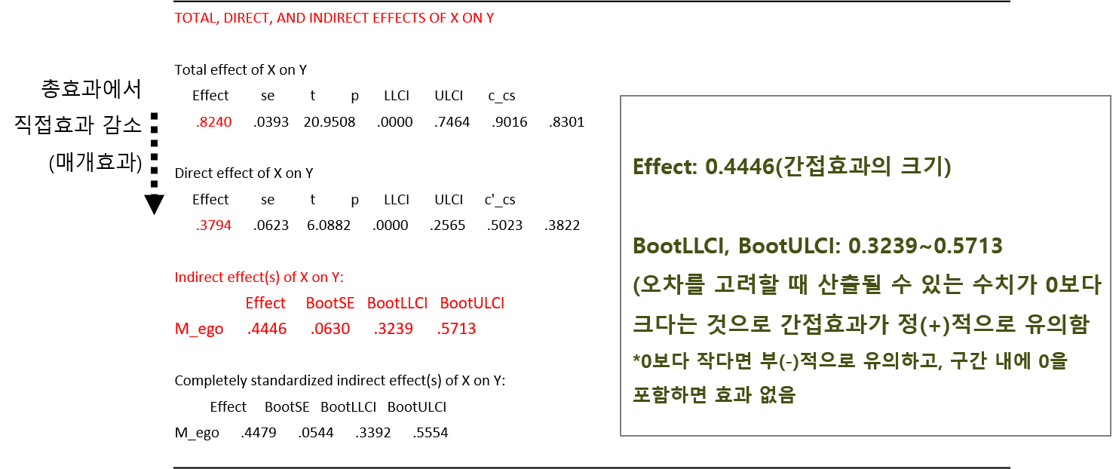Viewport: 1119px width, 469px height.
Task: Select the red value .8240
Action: (x=213, y=122)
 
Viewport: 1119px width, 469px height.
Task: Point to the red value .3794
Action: (x=213, y=225)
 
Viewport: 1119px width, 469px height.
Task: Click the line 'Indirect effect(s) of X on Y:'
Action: (x=259, y=277)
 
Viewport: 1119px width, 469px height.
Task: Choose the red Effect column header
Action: (x=265, y=303)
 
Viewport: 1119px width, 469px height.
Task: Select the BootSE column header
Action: (x=330, y=303)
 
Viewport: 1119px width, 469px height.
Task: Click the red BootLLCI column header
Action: (x=397, y=303)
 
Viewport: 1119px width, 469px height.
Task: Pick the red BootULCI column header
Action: (x=472, y=303)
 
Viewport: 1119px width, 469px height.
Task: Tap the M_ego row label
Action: (x=199, y=330)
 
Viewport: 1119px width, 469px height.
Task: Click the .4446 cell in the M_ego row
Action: (x=266, y=330)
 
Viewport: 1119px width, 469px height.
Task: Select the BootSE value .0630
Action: (x=330, y=330)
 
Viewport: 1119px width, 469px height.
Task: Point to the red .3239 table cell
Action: (x=394, y=330)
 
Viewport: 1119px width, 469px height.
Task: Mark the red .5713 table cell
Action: (x=456, y=330)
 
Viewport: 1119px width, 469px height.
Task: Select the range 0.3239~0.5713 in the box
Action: (x=925, y=247)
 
